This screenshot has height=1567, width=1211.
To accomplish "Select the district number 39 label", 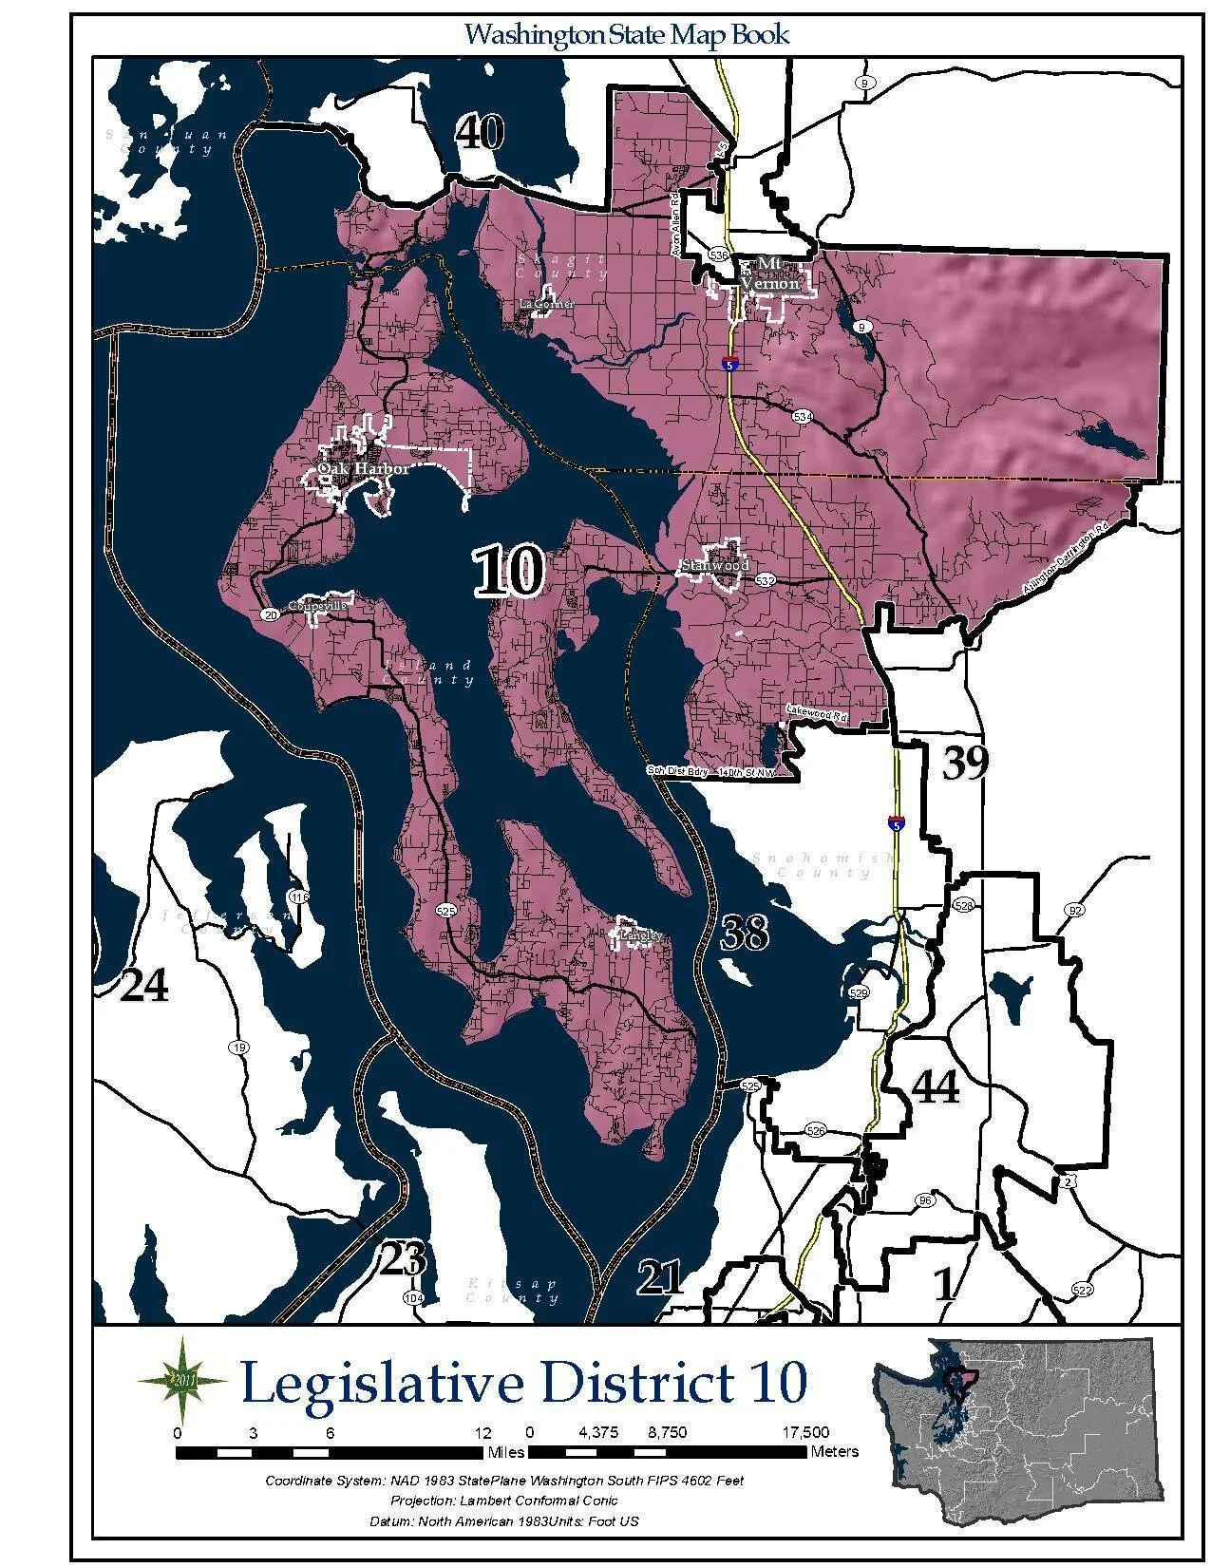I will (x=965, y=763).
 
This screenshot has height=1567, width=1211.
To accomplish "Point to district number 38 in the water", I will (x=744, y=933).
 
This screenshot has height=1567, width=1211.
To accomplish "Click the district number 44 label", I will (x=935, y=1086).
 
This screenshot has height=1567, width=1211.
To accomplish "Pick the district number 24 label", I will (x=144, y=987).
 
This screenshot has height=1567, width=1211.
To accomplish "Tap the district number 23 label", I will (x=403, y=1260).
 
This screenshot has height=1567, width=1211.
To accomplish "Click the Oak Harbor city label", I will (x=363, y=469).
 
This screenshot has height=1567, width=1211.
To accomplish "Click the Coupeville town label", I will (x=318, y=605).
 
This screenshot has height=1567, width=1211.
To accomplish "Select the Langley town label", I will (x=638, y=935).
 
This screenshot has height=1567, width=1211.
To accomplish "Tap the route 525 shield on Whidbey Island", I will (x=446, y=910).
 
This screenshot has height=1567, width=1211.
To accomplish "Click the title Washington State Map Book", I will (x=627, y=35).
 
